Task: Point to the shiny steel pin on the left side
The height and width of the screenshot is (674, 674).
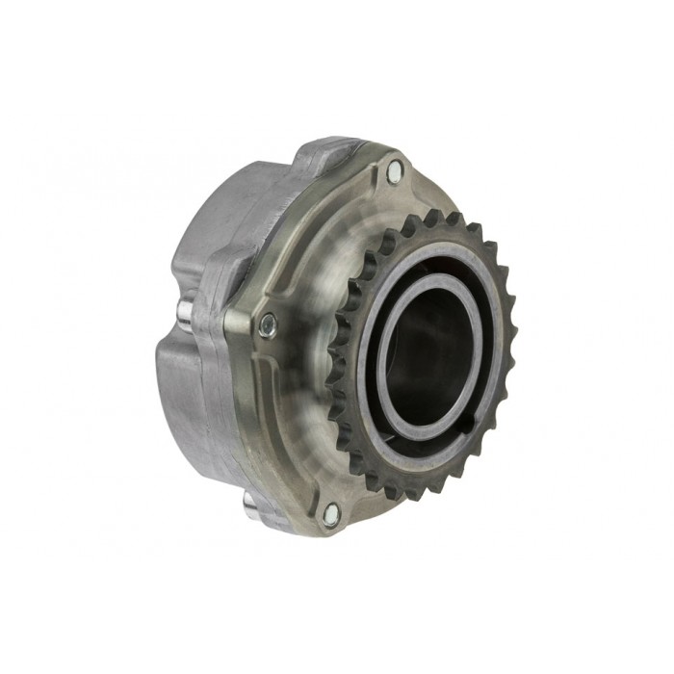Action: pos(183,312)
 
